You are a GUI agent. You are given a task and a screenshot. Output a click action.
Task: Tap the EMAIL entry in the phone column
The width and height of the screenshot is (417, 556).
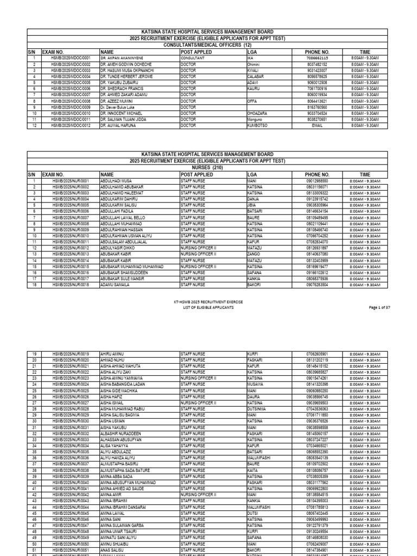point(318,125)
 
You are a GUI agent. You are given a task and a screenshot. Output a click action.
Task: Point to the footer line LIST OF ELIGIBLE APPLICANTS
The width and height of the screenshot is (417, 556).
point(208,308)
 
